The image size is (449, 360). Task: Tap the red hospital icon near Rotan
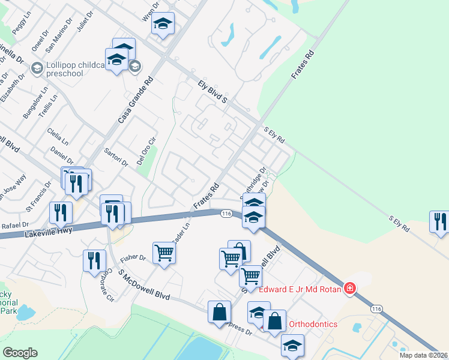[x=350, y=289]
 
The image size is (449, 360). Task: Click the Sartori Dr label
[x=116, y=157]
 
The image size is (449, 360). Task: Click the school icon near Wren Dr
[x=163, y=24]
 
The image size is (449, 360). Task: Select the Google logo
[x=20, y=352]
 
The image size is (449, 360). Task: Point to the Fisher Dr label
[x=133, y=258]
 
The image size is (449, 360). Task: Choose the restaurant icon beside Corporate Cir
[x=94, y=260]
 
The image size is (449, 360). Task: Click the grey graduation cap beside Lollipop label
[x=136, y=66]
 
